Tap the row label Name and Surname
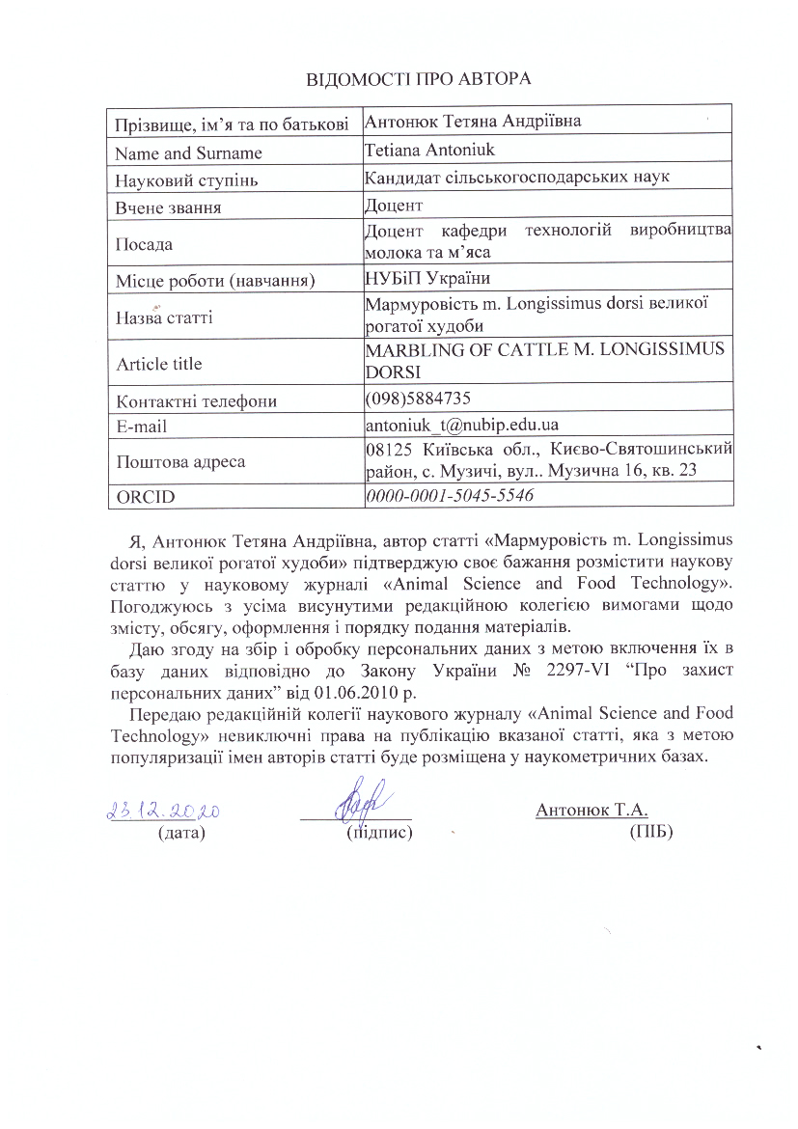tap(188, 152)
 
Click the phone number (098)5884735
tap(419, 399)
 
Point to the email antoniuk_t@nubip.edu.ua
tap(463, 424)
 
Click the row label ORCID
tap(140, 497)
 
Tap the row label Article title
tap(159, 364)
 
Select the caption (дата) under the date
tap(181, 831)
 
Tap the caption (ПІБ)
tap(649, 831)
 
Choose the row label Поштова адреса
tap(180, 461)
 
